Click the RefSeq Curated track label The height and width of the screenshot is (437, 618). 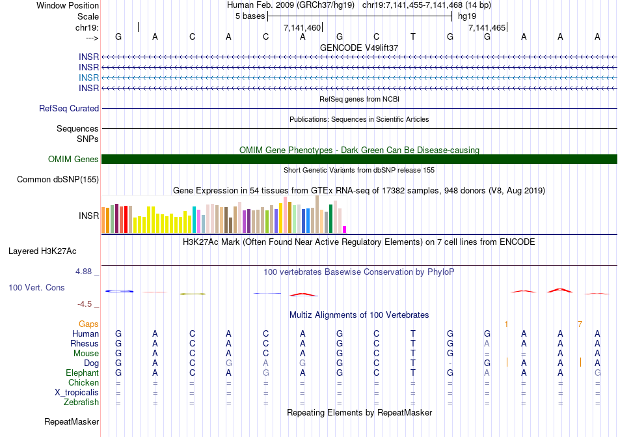point(69,109)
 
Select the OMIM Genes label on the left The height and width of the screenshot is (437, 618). point(74,160)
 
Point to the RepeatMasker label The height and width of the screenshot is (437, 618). point(72,422)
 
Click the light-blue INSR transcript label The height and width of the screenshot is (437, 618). point(89,78)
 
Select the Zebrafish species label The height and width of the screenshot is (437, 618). point(81,402)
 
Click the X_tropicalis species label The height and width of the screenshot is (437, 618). point(77,393)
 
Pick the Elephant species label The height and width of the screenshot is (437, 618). point(82,373)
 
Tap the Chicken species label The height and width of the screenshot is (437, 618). point(83,383)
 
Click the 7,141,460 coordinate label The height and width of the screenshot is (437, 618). point(302,28)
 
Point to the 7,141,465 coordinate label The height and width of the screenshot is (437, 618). point(487,28)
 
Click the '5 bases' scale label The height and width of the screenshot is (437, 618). point(250,16)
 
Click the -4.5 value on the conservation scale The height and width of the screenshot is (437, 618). point(88,304)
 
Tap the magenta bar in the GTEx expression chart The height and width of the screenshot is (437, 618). point(345,229)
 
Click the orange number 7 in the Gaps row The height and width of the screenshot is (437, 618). point(580,324)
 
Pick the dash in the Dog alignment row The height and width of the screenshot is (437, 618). point(450,363)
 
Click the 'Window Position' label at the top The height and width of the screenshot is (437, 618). point(68,5)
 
